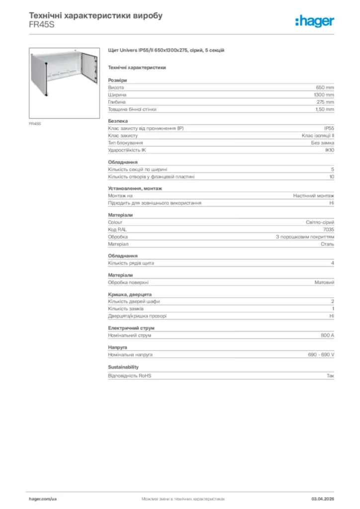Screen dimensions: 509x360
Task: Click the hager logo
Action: click(314, 20)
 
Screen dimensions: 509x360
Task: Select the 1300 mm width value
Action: click(324, 94)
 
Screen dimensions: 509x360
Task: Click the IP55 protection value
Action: click(329, 128)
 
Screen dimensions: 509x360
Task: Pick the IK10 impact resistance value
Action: click(330, 150)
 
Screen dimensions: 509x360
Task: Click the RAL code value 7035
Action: click(329, 230)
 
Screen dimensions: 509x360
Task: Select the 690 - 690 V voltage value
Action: click(321, 355)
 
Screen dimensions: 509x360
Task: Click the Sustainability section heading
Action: click(123, 367)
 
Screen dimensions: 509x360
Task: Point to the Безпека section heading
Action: click(118, 121)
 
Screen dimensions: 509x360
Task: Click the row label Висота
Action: click(116, 87)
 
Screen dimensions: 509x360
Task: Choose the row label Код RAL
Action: click(117, 230)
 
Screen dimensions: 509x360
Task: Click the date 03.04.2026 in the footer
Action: click(323, 498)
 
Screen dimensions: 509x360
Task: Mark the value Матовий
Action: click(324, 282)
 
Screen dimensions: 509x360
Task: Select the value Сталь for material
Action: click(327, 244)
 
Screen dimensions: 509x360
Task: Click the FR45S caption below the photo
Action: click(35, 123)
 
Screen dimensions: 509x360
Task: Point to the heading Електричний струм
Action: click(131, 328)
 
